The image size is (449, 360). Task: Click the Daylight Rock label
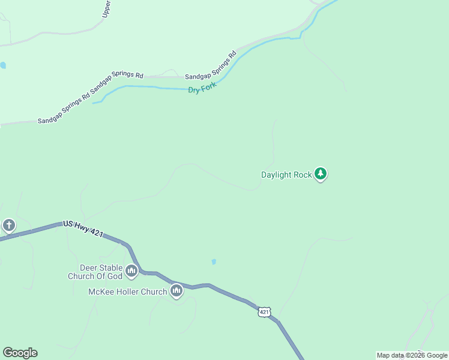click(x=286, y=175)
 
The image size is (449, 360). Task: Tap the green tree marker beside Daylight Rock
click(x=321, y=174)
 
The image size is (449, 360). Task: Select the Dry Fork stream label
click(x=202, y=89)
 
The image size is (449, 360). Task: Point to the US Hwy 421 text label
click(x=83, y=229)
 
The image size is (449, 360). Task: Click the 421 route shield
click(x=265, y=312)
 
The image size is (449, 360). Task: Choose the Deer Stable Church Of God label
click(x=96, y=272)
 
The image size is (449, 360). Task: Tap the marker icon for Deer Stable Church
click(x=131, y=272)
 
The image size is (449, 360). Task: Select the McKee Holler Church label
click(x=127, y=292)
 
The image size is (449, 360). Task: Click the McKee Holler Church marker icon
click(x=176, y=292)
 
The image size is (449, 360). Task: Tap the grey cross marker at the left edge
click(x=8, y=226)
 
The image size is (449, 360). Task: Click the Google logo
click(x=20, y=353)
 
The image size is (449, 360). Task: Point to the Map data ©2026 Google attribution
click(x=412, y=355)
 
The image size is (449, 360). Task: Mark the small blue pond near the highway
click(x=214, y=262)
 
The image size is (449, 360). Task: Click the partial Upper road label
click(x=106, y=8)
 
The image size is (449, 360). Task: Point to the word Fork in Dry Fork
click(x=208, y=87)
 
